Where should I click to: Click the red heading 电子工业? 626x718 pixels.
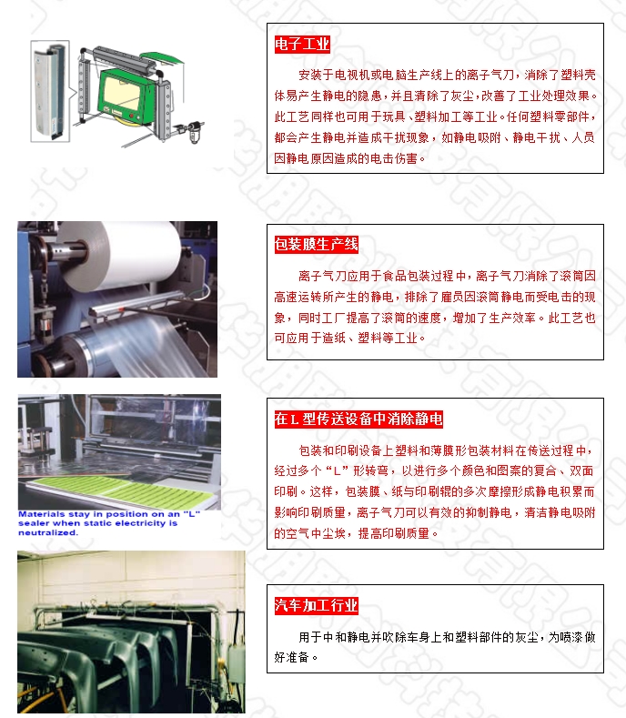(x=302, y=45)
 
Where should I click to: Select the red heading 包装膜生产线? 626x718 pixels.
(x=316, y=245)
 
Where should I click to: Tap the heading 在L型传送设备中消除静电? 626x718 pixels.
(x=358, y=419)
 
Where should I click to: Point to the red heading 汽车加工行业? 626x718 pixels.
(x=316, y=605)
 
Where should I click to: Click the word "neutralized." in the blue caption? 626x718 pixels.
(x=48, y=532)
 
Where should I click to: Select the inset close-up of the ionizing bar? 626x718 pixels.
(x=50, y=91)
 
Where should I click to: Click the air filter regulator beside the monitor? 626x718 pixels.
(x=193, y=131)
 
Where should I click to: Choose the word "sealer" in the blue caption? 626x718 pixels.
(x=34, y=523)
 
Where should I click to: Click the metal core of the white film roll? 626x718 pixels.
(x=71, y=251)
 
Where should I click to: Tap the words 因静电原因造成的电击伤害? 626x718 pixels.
(x=346, y=158)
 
